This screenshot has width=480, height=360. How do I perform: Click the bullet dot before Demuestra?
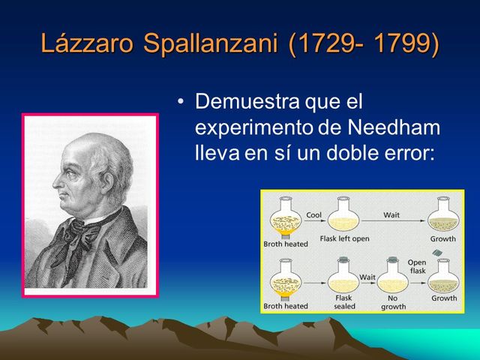pos(180,100)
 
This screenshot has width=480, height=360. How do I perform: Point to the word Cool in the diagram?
pos(314,215)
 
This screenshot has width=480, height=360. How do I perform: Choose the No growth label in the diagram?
pos(393,301)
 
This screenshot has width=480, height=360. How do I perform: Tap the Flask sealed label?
pos(343,301)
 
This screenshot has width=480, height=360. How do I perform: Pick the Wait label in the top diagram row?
pos(391,214)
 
